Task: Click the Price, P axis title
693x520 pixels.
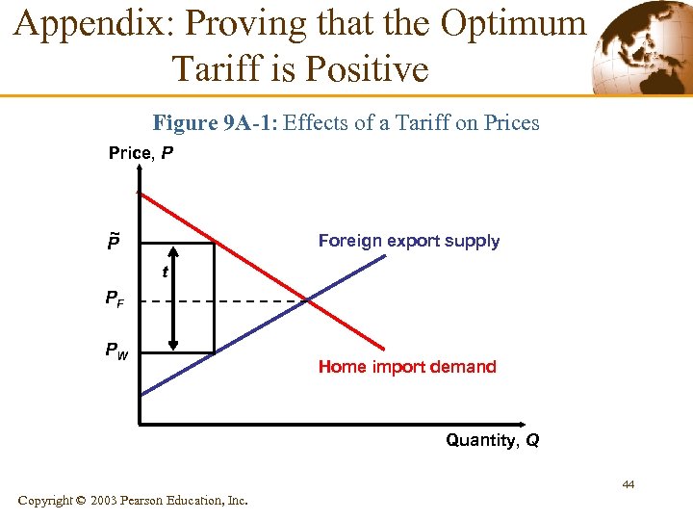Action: pyautogui.click(x=141, y=153)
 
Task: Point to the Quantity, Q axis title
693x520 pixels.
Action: pyautogui.click(x=492, y=440)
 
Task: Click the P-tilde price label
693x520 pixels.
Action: pyautogui.click(x=114, y=241)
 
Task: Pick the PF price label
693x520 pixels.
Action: pyautogui.click(x=115, y=299)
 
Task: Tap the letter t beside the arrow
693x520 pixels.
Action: pyautogui.click(x=166, y=273)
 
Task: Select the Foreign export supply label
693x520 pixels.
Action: pyautogui.click(x=409, y=241)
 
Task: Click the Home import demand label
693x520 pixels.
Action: pyautogui.click(x=407, y=366)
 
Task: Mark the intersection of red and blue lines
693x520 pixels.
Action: pyautogui.click(x=307, y=301)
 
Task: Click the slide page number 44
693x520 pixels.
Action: pyautogui.click(x=628, y=484)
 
